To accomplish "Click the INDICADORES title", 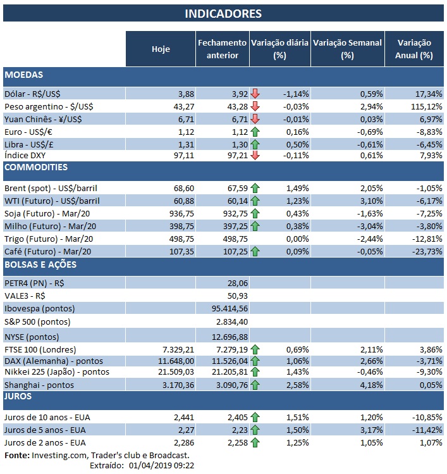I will point(223,13).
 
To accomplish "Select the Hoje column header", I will point(161,49).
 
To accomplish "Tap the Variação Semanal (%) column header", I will point(347,49).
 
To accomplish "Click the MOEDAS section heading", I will point(23,75).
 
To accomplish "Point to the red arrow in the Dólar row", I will point(255,94).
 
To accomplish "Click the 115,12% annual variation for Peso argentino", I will point(426,106).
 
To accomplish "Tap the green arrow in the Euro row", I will point(255,131).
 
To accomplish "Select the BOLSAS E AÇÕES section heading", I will point(40,265).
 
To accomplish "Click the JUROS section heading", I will point(20,397).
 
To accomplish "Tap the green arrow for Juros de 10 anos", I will point(255,418).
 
